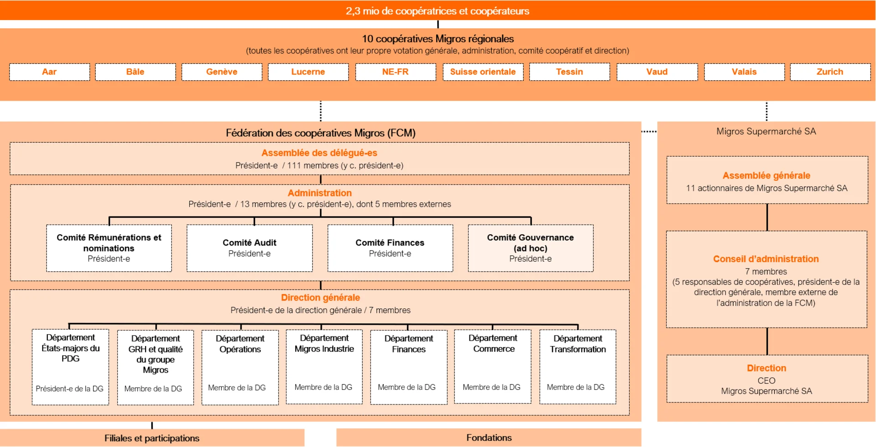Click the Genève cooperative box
(222, 72)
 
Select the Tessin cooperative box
(569, 72)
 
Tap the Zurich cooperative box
(830, 72)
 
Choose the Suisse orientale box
(483, 72)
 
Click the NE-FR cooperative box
(395, 72)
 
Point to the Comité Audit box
(250, 248)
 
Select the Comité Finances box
(390, 248)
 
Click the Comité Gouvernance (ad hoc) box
(531, 248)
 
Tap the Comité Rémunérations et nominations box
(109, 248)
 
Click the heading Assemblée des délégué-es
(319, 153)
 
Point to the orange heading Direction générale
(320, 298)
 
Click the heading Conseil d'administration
(766, 259)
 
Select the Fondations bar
(489, 437)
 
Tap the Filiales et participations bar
(152, 438)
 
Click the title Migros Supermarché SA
(766, 131)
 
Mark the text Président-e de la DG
(70, 389)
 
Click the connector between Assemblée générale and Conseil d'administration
(767, 217)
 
